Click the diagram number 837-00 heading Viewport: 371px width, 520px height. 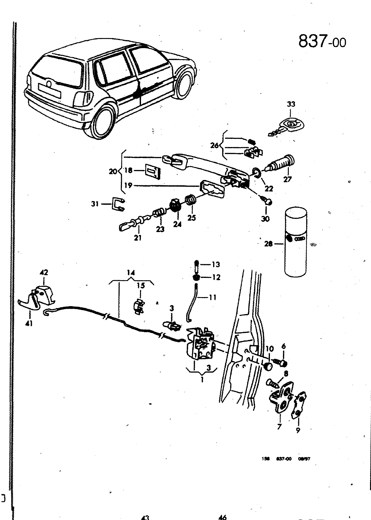(x=322, y=42)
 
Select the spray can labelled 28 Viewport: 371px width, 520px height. (x=296, y=242)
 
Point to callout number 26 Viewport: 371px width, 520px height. (x=214, y=146)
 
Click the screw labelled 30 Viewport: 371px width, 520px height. (x=266, y=201)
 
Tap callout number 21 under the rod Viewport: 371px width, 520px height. (x=138, y=238)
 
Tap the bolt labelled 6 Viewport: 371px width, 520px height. (x=280, y=362)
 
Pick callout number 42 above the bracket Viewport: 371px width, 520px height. (x=44, y=272)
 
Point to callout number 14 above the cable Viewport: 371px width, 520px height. (x=131, y=272)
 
